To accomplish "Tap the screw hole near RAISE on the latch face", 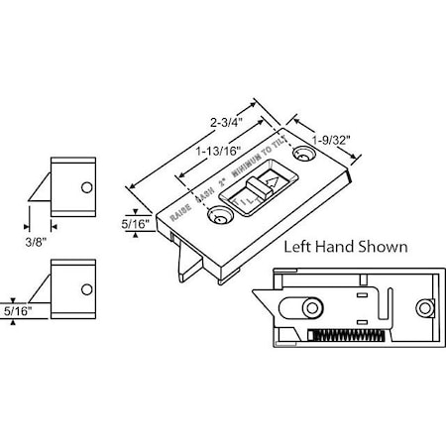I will click(211, 213).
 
